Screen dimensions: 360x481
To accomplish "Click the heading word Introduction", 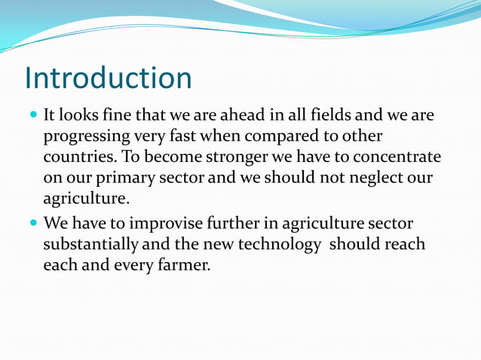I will click(109, 78).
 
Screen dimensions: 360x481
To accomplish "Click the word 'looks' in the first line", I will click(78, 117).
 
